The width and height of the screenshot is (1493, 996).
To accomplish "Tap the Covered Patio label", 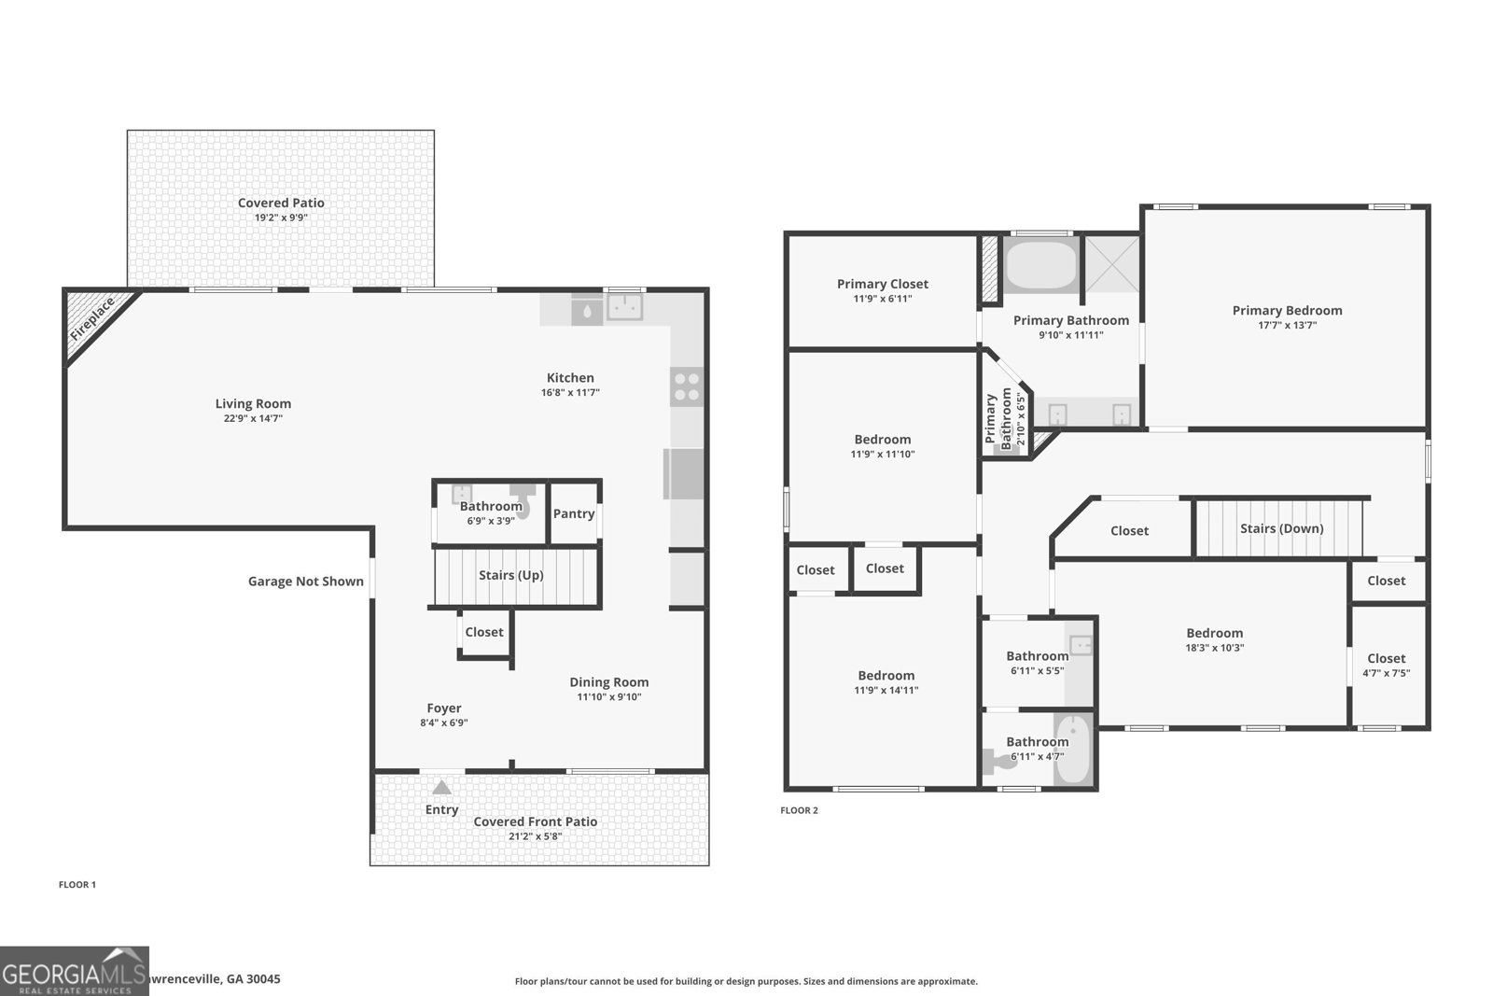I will click(x=281, y=203).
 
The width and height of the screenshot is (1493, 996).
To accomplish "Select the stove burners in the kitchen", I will click(x=687, y=386).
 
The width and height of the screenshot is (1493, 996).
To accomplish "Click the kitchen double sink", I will click(x=625, y=306).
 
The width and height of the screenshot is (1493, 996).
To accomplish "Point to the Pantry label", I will click(x=574, y=513).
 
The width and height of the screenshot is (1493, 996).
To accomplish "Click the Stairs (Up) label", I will click(x=510, y=575).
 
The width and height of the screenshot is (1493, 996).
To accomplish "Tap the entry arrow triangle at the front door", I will click(x=441, y=788).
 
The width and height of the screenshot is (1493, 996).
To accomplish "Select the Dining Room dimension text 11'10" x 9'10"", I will click(x=608, y=697).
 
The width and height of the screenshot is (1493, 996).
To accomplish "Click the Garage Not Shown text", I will click(x=305, y=581).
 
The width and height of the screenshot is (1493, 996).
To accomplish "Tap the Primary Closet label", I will click(x=882, y=284).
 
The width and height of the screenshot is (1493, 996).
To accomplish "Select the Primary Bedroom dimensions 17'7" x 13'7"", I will click(x=1287, y=326).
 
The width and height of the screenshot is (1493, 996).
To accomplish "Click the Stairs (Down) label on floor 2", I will click(x=1281, y=528).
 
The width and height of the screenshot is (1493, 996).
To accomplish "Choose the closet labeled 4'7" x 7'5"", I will click(x=1386, y=665).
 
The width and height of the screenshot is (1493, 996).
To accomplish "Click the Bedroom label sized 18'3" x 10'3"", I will click(x=1214, y=633).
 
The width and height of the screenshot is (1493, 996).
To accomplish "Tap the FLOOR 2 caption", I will click(x=799, y=810).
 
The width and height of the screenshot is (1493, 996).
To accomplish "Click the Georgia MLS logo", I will click(x=74, y=971).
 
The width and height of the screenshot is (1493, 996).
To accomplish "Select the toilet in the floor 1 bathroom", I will click(x=522, y=502).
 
